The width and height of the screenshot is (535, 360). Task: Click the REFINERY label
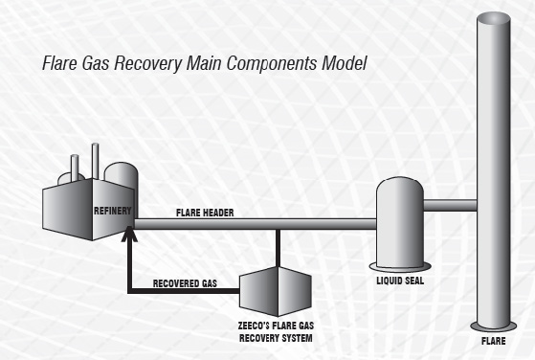tap(111, 210)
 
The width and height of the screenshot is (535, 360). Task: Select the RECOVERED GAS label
tap(186, 283)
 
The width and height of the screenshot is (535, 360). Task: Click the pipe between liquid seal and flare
tap(451, 205)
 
